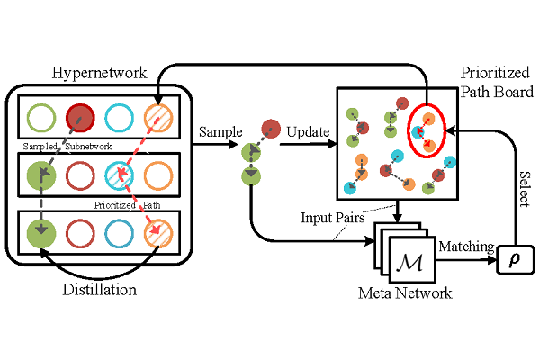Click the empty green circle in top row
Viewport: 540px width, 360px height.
pyautogui.click(x=40, y=118)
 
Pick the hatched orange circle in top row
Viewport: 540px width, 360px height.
pyautogui.click(x=158, y=118)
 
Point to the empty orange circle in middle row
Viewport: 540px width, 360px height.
pyautogui.click(x=158, y=174)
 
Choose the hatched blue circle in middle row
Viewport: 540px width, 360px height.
pyautogui.click(x=120, y=174)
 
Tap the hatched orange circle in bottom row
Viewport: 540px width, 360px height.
pyautogui.click(x=158, y=233)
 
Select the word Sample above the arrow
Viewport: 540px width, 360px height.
pyautogui.click(x=221, y=131)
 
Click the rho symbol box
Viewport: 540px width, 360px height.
pyautogui.click(x=515, y=261)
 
